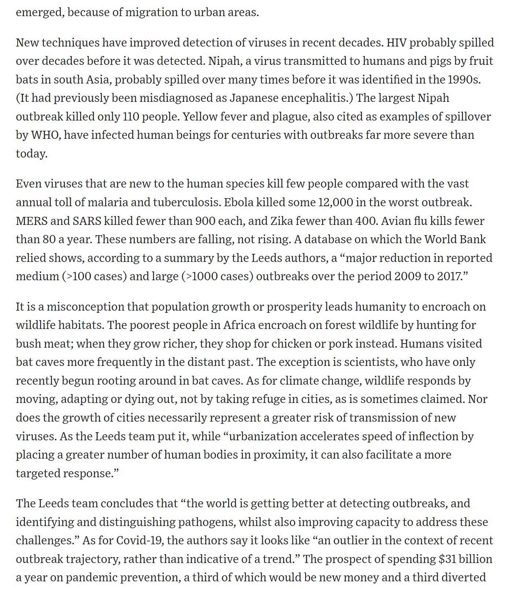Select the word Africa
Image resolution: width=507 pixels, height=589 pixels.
click(x=239, y=325)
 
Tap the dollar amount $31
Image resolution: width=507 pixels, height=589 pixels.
click(x=447, y=559)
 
